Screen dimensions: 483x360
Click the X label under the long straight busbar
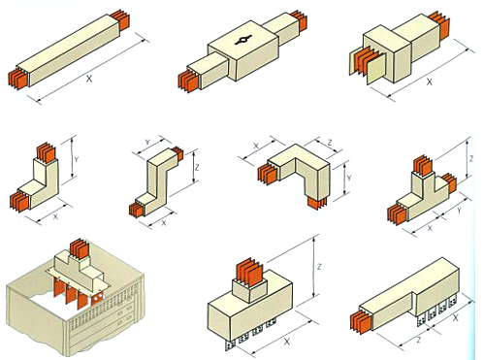89,79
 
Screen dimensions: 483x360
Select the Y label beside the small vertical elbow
76,159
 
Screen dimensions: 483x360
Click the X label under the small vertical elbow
55,216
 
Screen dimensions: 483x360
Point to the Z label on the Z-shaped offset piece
197,167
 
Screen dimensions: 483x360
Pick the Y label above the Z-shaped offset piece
147,142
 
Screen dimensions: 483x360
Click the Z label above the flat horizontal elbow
330,143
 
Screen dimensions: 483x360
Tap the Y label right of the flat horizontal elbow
349,178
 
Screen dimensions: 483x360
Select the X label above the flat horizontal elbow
256,146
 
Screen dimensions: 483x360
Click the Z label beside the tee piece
471,159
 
